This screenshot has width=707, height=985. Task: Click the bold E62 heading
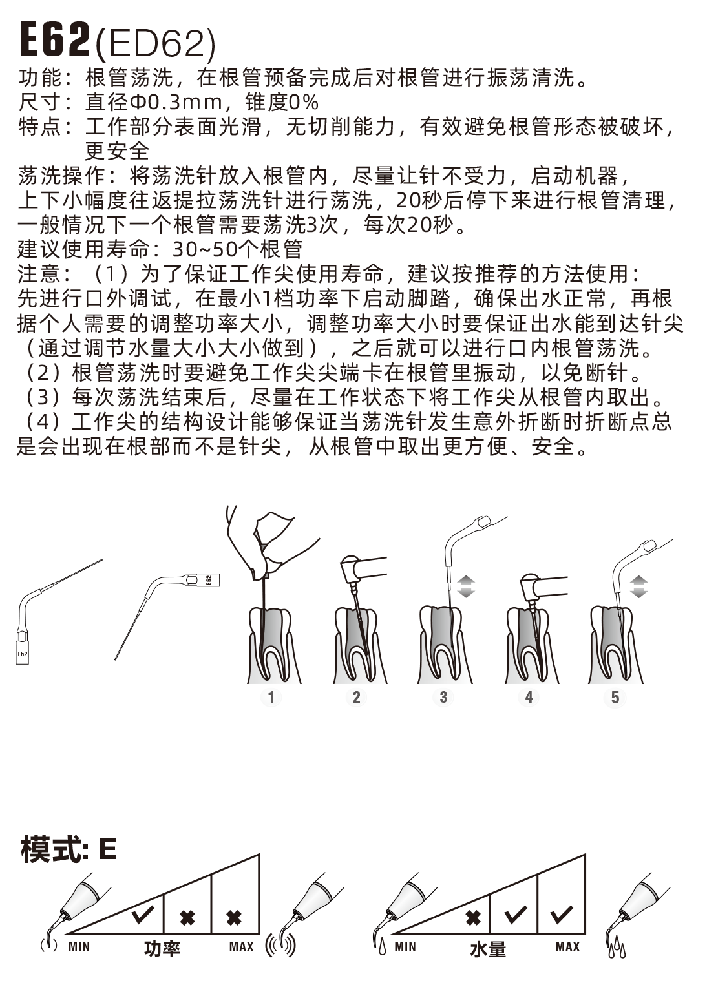click(54, 41)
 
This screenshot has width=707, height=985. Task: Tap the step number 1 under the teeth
click(271, 697)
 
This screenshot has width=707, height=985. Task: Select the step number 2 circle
click(356, 697)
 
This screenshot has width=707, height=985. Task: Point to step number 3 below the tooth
click(443, 697)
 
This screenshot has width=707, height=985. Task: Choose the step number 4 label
click(529, 697)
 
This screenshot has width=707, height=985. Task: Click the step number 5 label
click(615, 698)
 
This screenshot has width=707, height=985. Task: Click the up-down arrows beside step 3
click(466, 586)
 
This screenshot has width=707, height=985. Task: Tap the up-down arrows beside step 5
click(638, 586)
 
